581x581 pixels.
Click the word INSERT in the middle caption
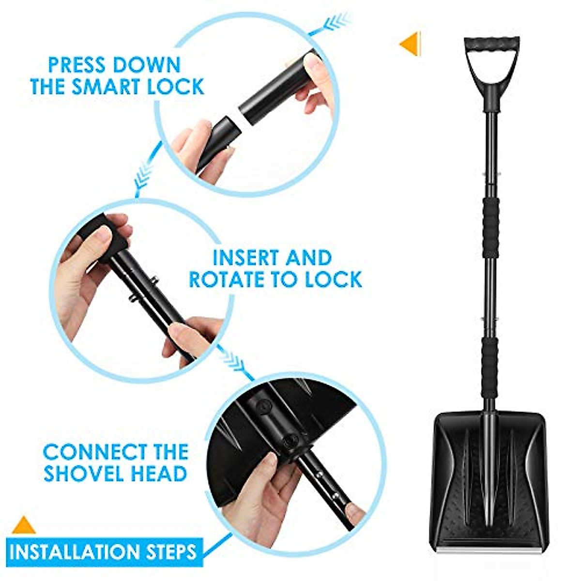point(246,258)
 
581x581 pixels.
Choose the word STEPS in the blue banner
point(171,551)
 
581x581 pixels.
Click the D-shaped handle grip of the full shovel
point(491,44)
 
